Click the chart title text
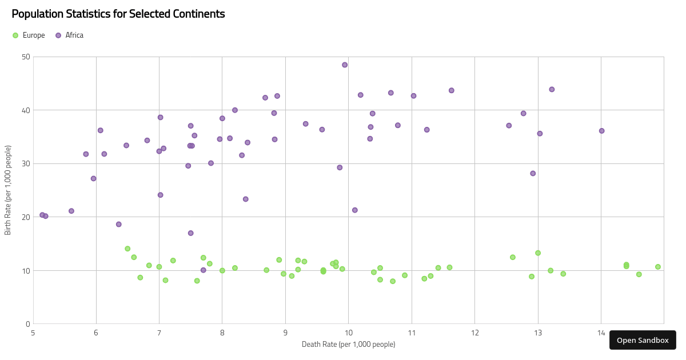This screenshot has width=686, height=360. (118, 14)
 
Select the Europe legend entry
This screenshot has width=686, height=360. (29, 35)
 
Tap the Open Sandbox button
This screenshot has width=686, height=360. (643, 340)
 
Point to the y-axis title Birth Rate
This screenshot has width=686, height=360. (8, 190)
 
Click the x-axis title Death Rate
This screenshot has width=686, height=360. (348, 344)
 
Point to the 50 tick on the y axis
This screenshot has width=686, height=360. (26, 57)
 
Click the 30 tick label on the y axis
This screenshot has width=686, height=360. (26, 163)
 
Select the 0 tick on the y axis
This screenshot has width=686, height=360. (28, 324)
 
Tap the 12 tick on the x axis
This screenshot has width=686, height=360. (474, 333)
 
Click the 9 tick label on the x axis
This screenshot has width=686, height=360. (285, 333)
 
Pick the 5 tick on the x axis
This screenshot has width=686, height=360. (33, 333)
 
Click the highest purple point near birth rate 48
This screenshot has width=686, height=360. (345, 65)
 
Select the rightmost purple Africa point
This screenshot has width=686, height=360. (601, 131)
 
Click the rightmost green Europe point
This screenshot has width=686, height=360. (658, 267)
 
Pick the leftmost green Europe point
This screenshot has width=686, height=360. (127, 249)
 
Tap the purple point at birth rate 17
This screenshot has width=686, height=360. (190, 233)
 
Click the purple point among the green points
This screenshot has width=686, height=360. (203, 270)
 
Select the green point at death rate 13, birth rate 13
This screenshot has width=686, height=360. (538, 253)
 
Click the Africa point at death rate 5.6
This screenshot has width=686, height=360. (71, 211)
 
